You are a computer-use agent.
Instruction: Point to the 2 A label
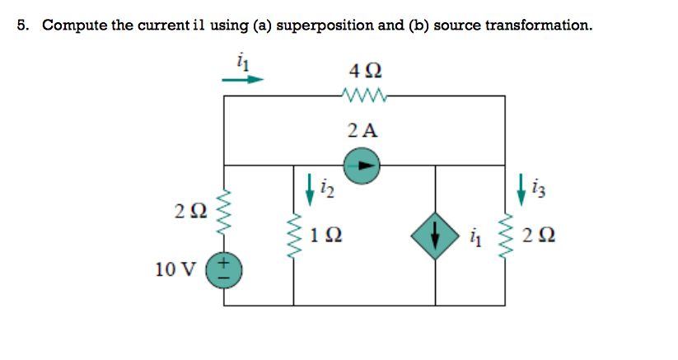click(362, 130)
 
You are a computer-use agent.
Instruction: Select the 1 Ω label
click(327, 236)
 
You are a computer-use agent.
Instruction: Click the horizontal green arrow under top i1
click(243, 80)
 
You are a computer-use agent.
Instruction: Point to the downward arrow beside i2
click(309, 188)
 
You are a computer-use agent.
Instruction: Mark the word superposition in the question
click(325, 25)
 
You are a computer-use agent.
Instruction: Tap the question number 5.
click(24, 25)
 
